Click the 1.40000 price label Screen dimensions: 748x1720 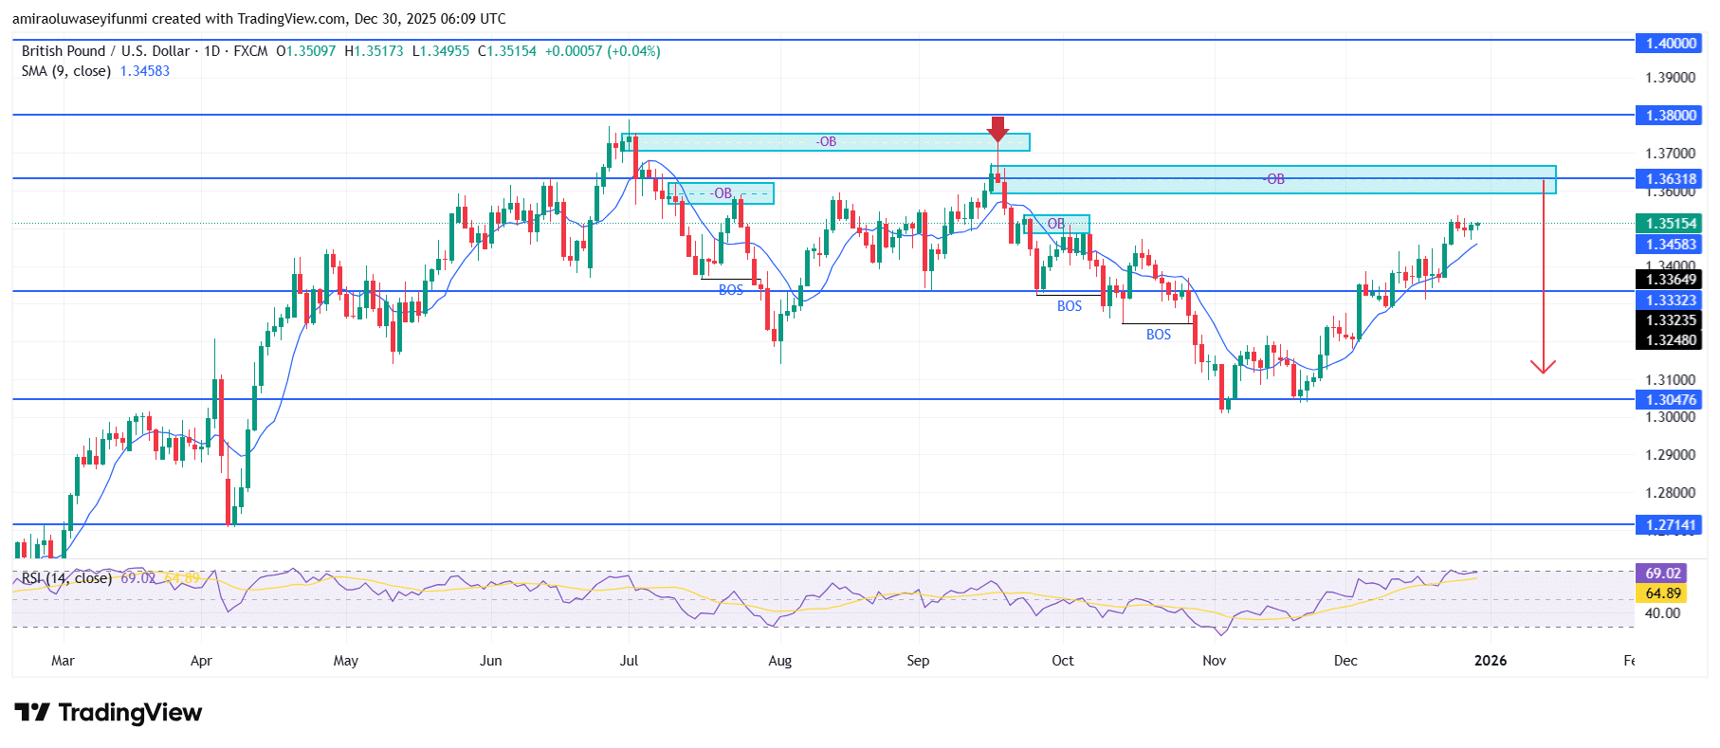1669,43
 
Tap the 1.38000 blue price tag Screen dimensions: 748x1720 1669,115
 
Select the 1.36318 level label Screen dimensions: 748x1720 1669,178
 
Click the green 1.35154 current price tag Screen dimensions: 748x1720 1669,224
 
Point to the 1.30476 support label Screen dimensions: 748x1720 1669,400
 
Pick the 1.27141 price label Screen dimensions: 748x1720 1669,524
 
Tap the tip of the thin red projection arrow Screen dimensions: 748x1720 1543,371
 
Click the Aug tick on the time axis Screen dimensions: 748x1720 779,661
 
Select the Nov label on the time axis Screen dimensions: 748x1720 1214,661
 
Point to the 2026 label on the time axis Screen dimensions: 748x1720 1491,661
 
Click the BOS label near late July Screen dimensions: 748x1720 731,290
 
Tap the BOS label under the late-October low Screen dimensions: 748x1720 1159,335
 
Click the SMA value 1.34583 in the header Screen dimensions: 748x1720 145,71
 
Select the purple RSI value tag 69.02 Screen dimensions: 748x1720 1662,574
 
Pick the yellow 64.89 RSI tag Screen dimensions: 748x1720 1662,593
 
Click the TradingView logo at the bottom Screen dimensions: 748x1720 108,713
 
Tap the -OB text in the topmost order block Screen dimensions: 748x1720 827,142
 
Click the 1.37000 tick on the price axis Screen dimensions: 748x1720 1670,153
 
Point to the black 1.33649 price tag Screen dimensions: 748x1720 1669,280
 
